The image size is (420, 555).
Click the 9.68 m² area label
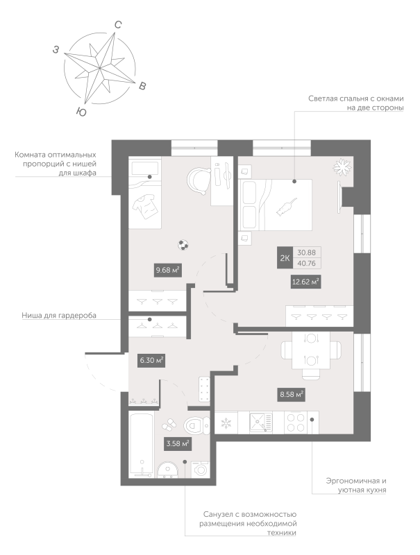coord(167,271)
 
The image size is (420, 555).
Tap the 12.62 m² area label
coord(305,281)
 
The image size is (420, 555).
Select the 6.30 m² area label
coord(151,360)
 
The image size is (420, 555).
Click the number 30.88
coord(305,253)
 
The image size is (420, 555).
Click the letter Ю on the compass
coord(81,112)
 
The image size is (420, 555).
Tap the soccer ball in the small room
coord(183,244)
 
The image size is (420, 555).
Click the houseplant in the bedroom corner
coord(341,167)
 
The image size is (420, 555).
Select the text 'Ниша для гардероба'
coord(60,316)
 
